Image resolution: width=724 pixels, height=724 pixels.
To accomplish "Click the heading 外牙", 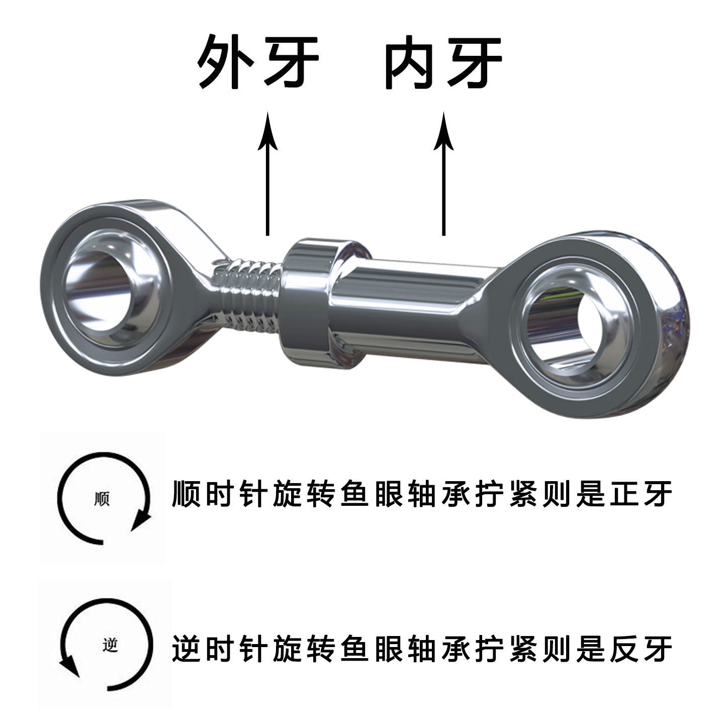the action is pos(258,63).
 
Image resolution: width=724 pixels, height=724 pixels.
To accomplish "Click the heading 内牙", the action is pos(442,63).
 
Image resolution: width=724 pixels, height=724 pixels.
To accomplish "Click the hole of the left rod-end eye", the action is pos(106,292).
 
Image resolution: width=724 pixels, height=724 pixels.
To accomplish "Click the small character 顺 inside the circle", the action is pos(102,499).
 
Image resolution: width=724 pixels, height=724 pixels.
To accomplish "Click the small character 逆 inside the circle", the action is pos(109,645).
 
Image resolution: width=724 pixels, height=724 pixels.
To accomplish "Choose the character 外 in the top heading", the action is pos(224,63).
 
